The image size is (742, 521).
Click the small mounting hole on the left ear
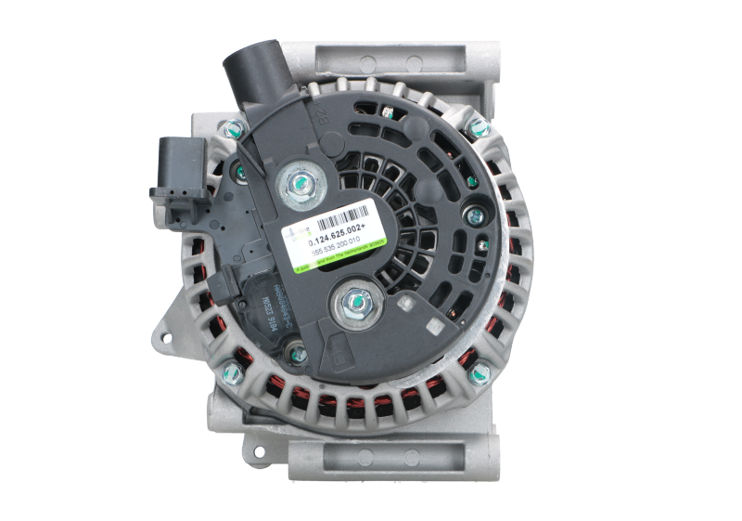(167, 329)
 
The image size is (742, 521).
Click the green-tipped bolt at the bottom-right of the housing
(479, 373)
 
